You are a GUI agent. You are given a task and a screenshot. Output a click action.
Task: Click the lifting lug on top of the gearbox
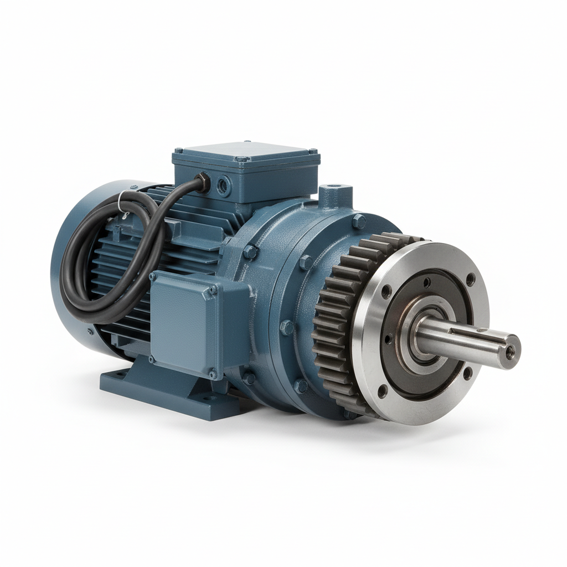point(336,195)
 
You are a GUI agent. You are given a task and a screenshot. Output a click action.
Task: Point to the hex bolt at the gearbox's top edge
point(359,221)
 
